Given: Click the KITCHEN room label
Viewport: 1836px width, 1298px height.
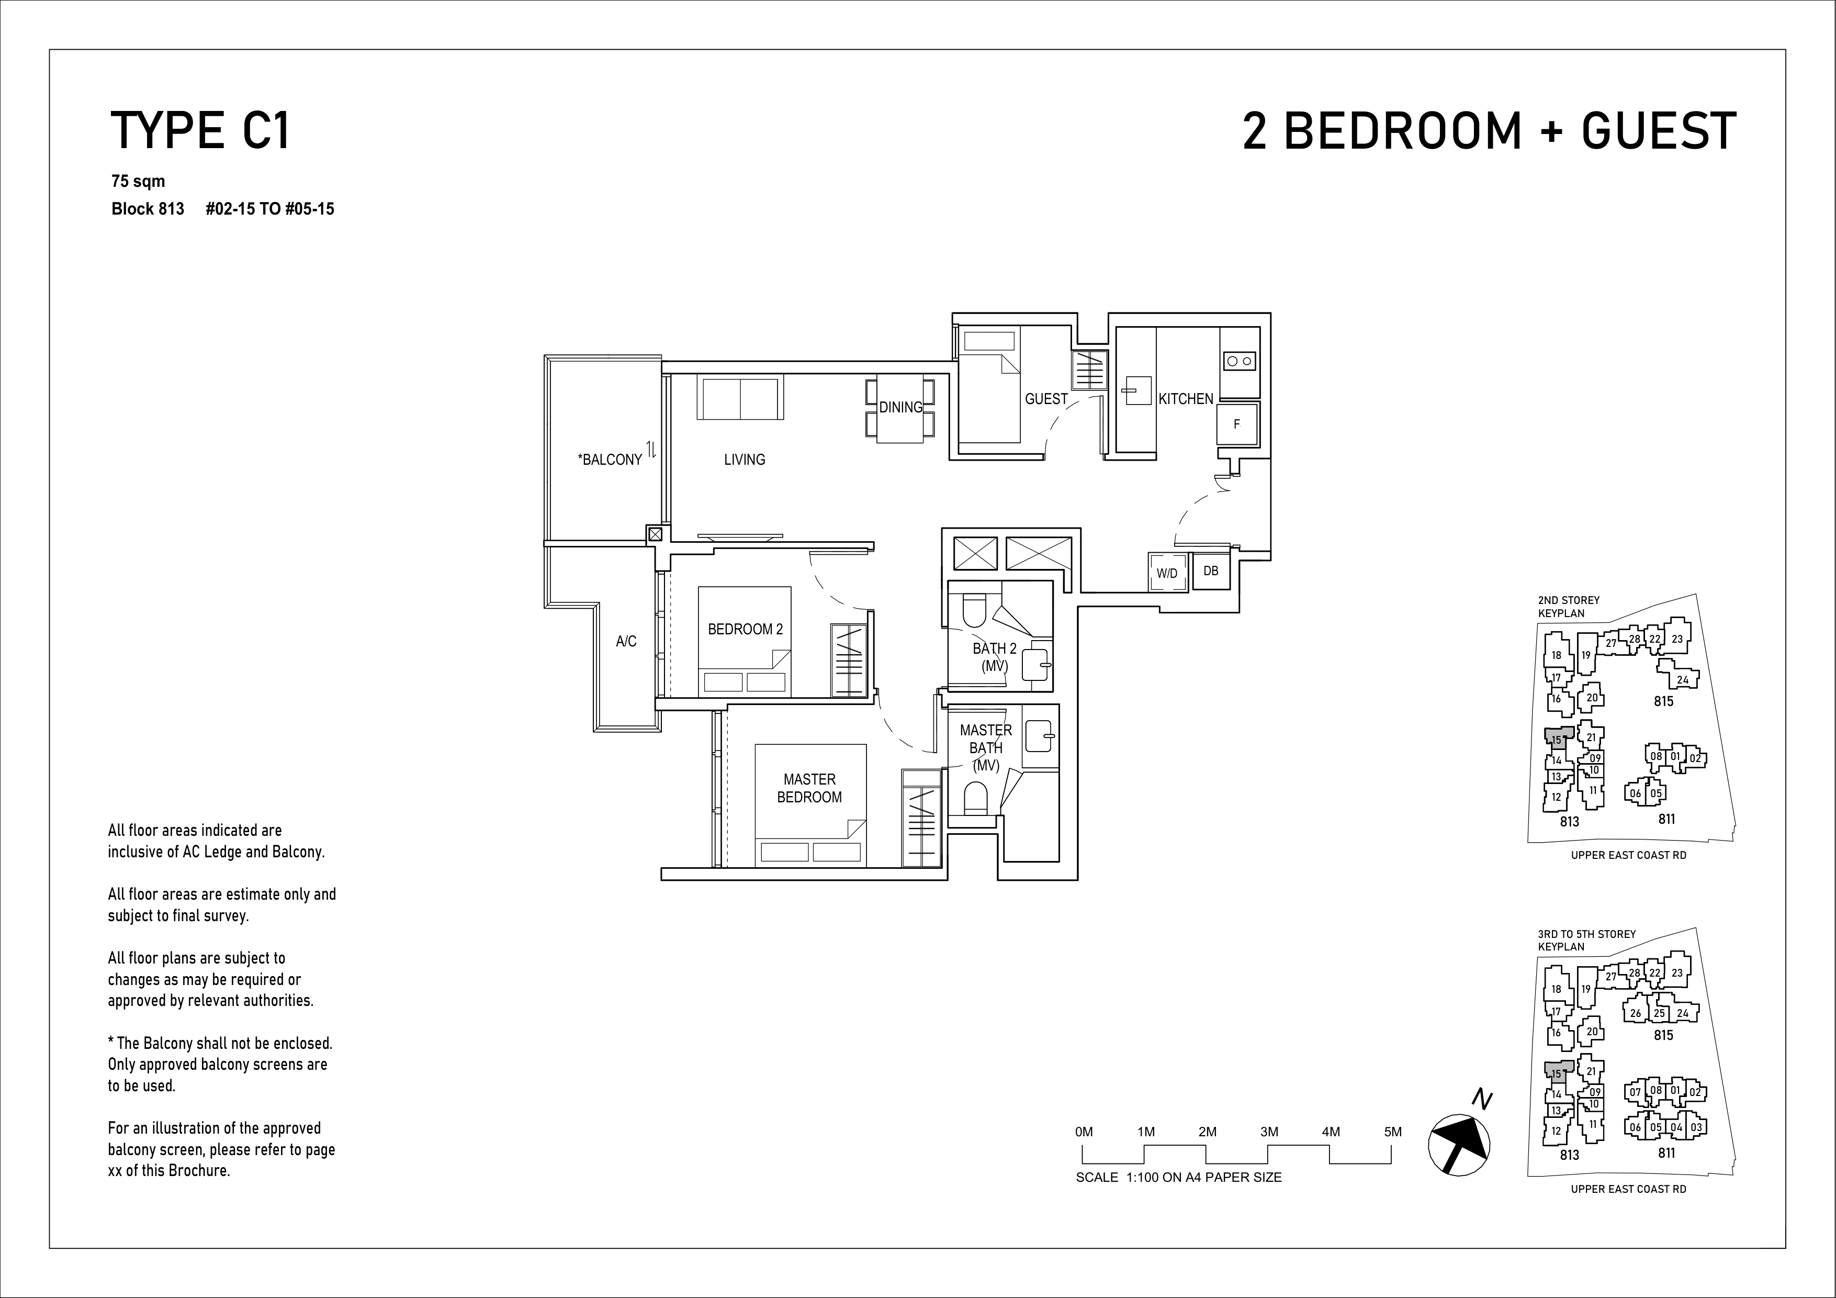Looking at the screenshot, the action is (x=1186, y=398).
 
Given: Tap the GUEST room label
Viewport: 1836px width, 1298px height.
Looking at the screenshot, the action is (x=1046, y=398).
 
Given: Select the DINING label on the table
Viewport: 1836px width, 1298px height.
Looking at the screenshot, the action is (x=900, y=407).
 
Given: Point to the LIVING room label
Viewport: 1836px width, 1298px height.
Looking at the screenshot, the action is (x=745, y=460).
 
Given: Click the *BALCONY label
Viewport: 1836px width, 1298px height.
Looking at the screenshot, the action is (x=610, y=460).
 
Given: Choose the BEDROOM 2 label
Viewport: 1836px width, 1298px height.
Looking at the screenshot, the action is (x=745, y=630).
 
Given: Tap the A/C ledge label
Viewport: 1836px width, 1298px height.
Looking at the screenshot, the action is (x=626, y=641).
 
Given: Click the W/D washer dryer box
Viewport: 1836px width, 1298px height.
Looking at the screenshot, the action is (x=1167, y=573).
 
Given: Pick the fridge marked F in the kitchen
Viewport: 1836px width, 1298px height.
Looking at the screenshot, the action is (x=1236, y=424).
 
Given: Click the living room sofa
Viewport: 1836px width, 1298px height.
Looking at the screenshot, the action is (x=740, y=397).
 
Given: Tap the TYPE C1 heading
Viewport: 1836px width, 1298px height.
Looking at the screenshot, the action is (x=200, y=131).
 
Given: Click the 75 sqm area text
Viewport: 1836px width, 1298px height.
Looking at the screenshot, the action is (x=138, y=182).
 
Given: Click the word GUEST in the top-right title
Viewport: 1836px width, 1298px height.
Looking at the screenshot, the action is (x=1659, y=130).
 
